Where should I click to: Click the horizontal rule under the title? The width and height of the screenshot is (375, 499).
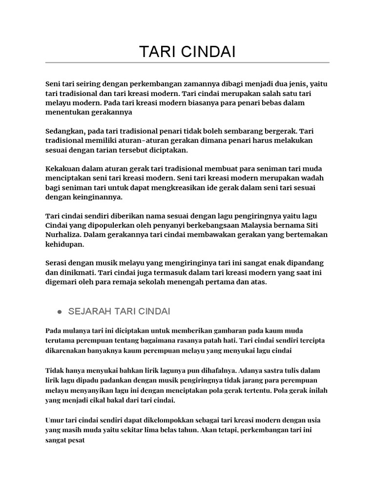[x=187, y=63]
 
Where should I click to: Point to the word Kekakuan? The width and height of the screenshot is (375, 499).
[x=63, y=169]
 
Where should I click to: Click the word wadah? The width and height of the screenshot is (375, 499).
[x=312, y=178]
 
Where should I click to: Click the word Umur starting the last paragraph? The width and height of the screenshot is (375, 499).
[x=55, y=420]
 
